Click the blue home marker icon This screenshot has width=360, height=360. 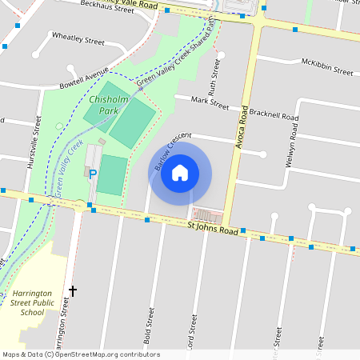180,173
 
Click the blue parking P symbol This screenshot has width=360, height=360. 93,174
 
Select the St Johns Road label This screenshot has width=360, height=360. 213,230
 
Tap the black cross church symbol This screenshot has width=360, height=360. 73,290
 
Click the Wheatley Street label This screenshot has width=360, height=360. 78,38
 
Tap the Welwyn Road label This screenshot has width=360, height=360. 293,144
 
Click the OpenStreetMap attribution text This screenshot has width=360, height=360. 80,354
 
